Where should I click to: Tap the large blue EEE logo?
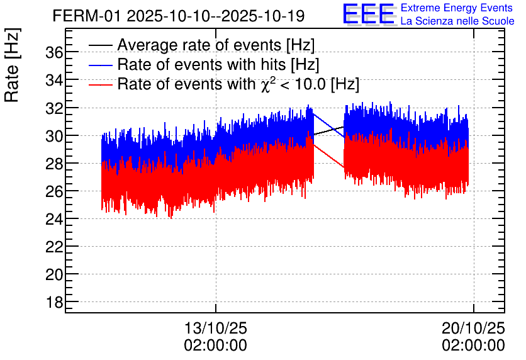(x=369, y=14)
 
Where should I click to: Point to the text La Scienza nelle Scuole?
(x=457, y=21)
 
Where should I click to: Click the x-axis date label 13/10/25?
(x=215, y=329)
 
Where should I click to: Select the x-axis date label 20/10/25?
(x=473, y=329)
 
